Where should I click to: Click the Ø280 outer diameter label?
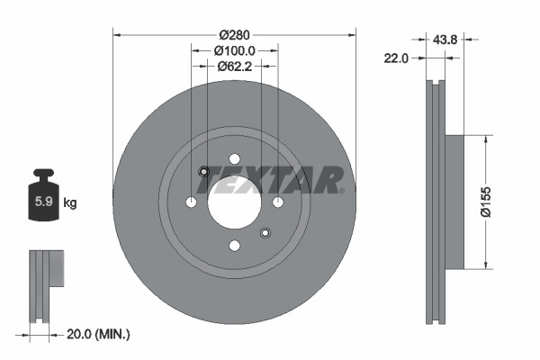[235, 24]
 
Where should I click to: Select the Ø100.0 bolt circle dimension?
[235, 51]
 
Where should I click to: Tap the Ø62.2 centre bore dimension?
[235, 65]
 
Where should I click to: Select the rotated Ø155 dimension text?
[508, 202]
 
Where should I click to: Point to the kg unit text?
[69, 203]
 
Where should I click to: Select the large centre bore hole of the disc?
[234, 200]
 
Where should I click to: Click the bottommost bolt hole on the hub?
[234, 246]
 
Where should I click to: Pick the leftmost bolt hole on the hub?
[191, 202]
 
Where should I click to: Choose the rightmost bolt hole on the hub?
[278, 202]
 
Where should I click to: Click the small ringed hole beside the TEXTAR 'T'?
[203, 172]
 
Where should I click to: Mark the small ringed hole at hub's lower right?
[265, 234]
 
